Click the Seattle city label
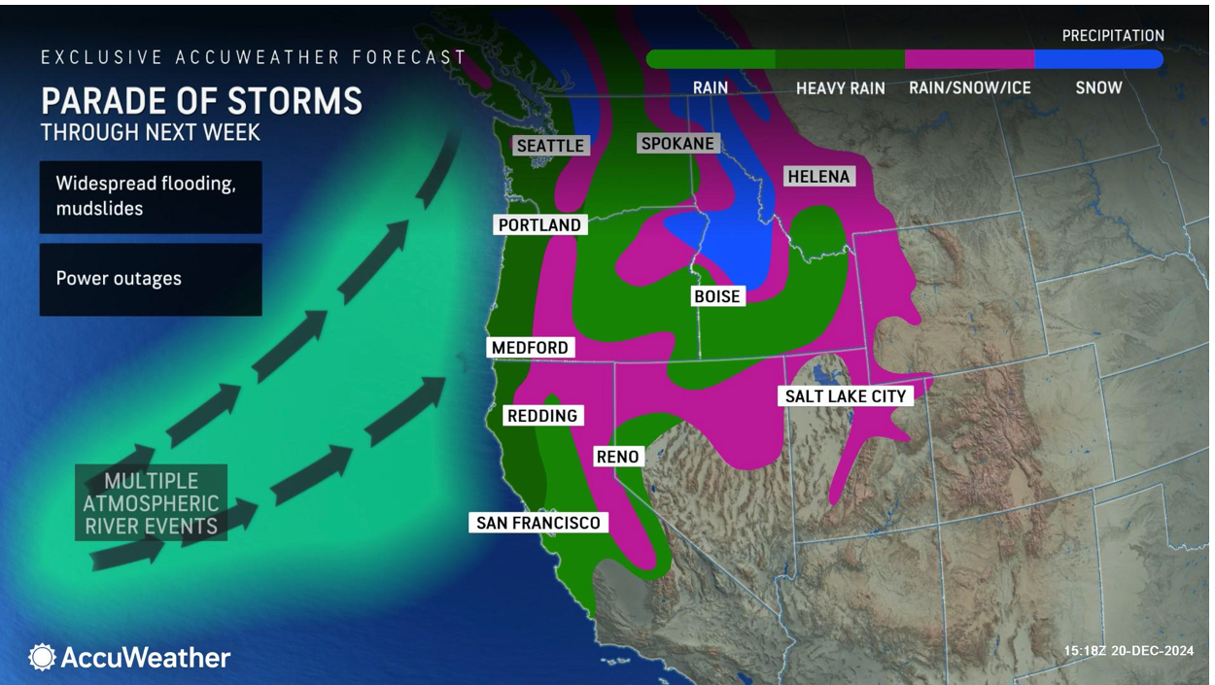pyautogui.click(x=550, y=146)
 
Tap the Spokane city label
pyautogui.click(x=677, y=144)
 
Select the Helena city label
pyautogui.click(x=818, y=177)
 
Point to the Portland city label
pyautogui.click(x=539, y=225)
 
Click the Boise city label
pyautogui.click(x=717, y=296)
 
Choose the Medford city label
pyautogui.click(x=530, y=348)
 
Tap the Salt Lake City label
pyautogui.click(x=846, y=396)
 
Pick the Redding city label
pyautogui.click(x=542, y=416)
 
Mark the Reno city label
pyautogui.click(x=617, y=457)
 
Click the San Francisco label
pyautogui.click(x=538, y=523)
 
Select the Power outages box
pyautogui.click(x=151, y=279)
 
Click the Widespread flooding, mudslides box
pyautogui.click(x=151, y=196)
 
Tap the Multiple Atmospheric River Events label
pyautogui.click(x=151, y=503)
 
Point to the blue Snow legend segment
pyautogui.click(x=1098, y=59)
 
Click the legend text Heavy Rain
pyautogui.click(x=840, y=88)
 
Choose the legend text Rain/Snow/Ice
pyautogui.click(x=969, y=88)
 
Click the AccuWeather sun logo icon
pyautogui.click(x=42, y=658)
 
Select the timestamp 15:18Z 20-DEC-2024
pyautogui.click(x=1128, y=651)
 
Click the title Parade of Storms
pyautogui.click(x=201, y=101)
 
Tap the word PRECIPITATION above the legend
pyautogui.click(x=1112, y=36)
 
